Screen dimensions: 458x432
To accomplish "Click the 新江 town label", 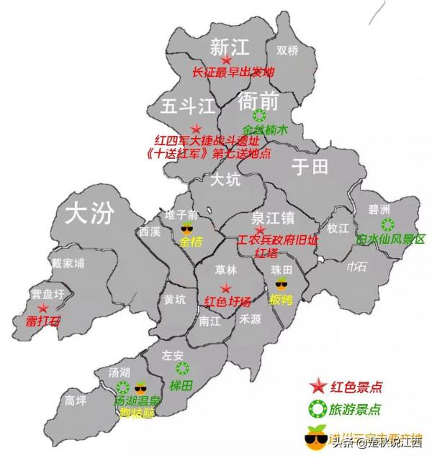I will pyautogui.click(x=229, y=47).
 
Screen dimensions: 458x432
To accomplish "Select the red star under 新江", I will pyautogui.click(x=227, y=61).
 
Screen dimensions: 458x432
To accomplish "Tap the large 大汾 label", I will pyautogui.click(x=90, y=212).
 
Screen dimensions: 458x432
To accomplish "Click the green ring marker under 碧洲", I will pyautogui.click(x=387, y=224).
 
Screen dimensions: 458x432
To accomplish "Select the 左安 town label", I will pyautogui.click(x=174, y=354).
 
